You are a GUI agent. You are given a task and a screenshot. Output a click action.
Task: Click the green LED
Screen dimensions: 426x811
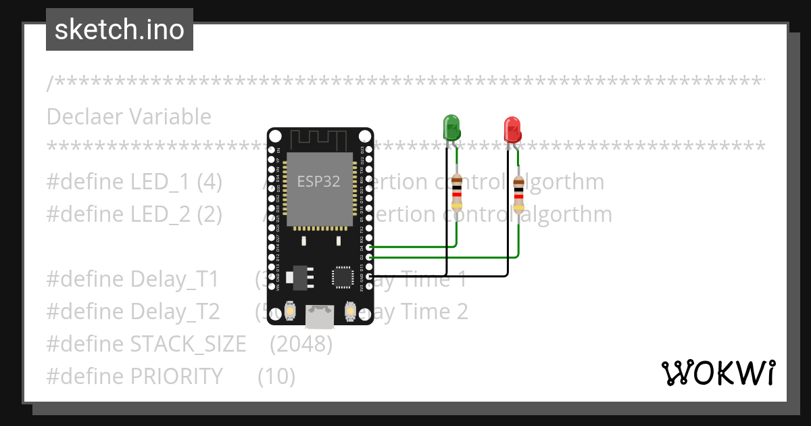[x=451, y=128]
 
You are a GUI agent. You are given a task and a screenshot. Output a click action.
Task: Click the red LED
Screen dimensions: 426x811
[x=512, y=128]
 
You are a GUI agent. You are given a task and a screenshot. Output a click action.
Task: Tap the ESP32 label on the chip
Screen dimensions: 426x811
[x=318, y=181]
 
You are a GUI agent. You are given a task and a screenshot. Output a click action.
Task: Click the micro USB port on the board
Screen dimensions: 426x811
[x=320, y=316]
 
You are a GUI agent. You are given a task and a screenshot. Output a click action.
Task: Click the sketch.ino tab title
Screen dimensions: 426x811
[x=120, y=30]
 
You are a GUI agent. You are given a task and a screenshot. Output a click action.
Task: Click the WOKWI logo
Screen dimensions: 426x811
[x=718, y=373]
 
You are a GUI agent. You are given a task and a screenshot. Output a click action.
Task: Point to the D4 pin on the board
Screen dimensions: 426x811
[x=368, y=248]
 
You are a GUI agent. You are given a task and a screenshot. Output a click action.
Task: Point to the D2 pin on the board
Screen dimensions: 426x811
[x=368, y=258]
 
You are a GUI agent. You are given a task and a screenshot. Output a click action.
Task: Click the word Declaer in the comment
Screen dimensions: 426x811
[x=84, y=117]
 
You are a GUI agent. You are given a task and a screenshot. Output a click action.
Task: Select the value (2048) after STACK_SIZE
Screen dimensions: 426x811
[x=301, y=344]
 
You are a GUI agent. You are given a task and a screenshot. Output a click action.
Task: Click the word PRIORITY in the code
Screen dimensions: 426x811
[x=176, y=376]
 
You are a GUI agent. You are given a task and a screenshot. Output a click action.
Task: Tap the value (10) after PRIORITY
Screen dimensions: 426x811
[x=276, y=376]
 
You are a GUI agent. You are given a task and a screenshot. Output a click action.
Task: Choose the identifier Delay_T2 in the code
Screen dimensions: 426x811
[x=175, y=312]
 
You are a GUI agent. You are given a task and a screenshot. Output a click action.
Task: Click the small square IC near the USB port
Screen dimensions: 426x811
[x=342, y=277]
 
